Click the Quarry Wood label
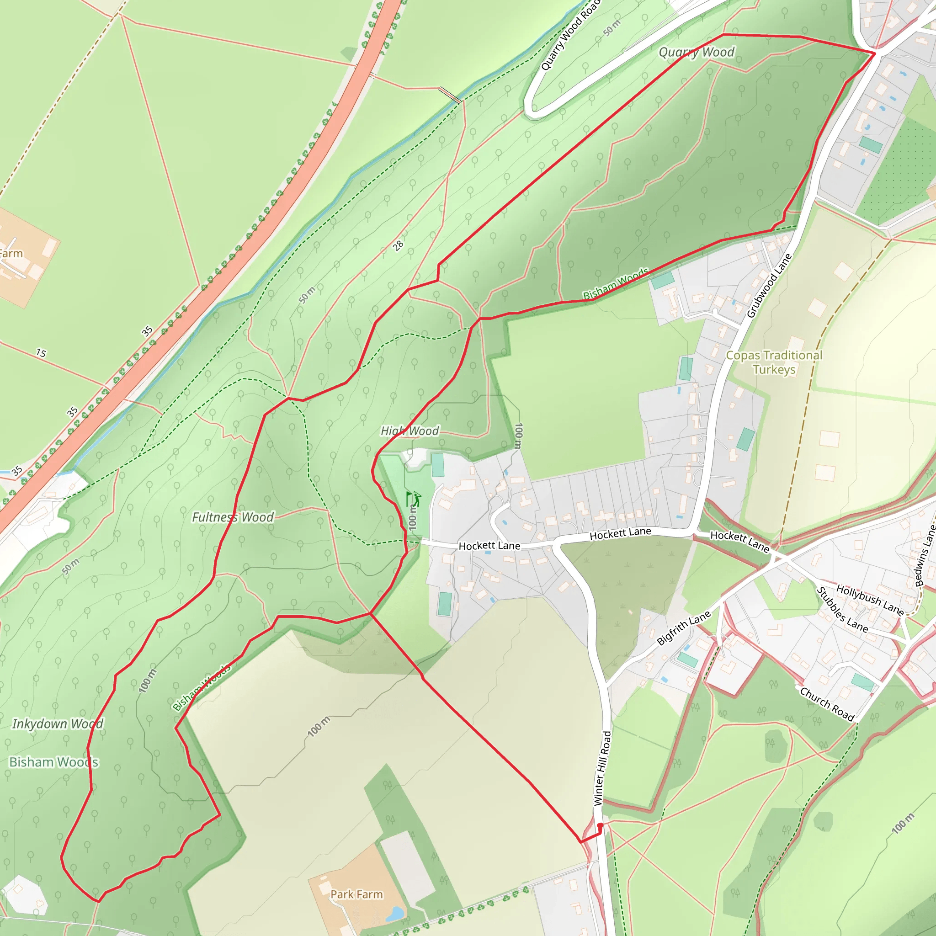point(696,52)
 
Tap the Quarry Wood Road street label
point(570,35)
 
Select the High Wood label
point(409,431)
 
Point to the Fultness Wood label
point(233,517)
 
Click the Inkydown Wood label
point(58,724)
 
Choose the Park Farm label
point(356,894)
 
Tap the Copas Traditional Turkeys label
point(774,362)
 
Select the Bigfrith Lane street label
point(684,628)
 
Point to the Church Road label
point(826,704)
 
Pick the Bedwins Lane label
point(925,556)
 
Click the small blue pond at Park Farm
point(395,913)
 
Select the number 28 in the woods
point(398,245)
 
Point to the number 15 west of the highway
point(41,353)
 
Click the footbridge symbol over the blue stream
point(450,95)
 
